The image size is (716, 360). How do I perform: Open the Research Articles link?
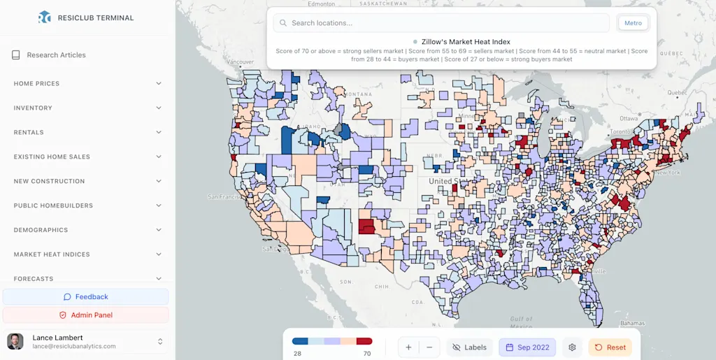pos(56,55)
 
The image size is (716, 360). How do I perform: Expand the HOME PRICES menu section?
pos(87,84)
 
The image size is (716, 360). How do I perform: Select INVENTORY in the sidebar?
pos(87,108)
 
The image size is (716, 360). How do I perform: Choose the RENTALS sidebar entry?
pos(87,133)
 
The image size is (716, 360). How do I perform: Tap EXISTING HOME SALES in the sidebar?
pos(87,157)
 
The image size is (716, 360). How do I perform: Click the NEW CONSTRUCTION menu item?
pos(87,182)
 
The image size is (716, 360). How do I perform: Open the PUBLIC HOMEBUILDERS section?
pos(87,206)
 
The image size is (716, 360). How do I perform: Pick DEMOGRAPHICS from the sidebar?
pos(87,230)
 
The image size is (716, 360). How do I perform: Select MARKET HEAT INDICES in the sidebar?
pos(87,254)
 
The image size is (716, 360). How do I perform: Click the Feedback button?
pos(86,297)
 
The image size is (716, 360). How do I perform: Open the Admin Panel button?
pos(86,315)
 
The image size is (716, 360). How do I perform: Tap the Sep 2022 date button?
pos(527,347)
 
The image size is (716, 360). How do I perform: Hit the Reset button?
pos(610,347)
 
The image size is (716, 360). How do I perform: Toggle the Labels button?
pos(469,347)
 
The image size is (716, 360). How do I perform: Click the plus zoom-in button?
pos(409,347)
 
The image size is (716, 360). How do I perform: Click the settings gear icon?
pos(572,347)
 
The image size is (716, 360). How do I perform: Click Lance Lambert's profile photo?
pos(15,341)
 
